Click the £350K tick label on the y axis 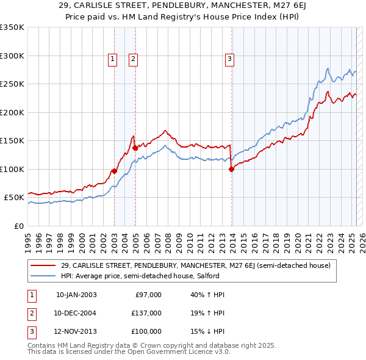pos(12,27)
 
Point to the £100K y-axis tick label pos(12,169)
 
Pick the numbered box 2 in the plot pos(133,59)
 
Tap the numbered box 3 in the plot pos(229,59)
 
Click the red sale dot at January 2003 pos(114,171)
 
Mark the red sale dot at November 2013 pos(231,169)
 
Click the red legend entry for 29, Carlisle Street pos(195,265)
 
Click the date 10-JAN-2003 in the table pos(76,295)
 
